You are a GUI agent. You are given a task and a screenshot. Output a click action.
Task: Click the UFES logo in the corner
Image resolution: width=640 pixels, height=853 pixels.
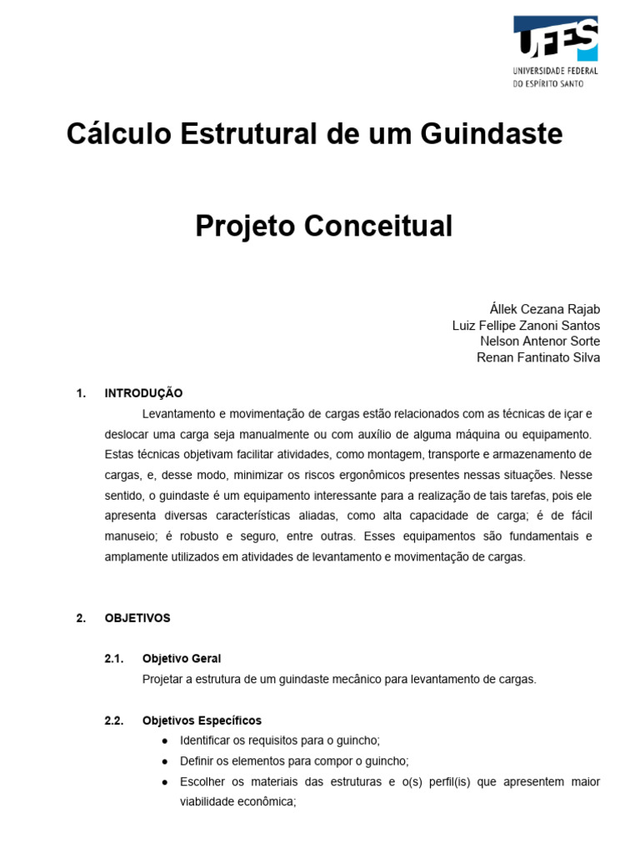coord(555,38)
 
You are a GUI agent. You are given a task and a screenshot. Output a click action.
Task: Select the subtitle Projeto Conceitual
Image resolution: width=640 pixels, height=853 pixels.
coord(323,226)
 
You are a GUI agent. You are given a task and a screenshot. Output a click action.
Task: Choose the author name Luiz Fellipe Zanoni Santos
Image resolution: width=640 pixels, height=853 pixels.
coord(526,325)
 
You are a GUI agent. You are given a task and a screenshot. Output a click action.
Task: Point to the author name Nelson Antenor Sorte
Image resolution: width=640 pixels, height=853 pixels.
coord(540,342)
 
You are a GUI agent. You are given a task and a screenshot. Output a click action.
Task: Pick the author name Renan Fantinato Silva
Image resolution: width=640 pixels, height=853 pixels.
coord(537,357)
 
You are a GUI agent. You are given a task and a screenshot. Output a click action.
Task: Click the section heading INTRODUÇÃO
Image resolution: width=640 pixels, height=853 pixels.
coord(143,393)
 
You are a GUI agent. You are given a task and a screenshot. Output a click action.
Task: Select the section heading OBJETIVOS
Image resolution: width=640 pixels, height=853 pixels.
coord(137,618)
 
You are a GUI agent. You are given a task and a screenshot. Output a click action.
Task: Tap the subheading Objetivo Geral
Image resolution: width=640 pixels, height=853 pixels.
coord(182,659)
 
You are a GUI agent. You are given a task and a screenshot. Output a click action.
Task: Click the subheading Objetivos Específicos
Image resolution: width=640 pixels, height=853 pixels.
coord(202,721)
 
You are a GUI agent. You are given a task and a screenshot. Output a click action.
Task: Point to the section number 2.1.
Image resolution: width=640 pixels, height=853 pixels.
coord(114,659)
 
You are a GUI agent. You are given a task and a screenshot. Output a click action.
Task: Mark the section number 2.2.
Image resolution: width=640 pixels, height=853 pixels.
coord(114,721)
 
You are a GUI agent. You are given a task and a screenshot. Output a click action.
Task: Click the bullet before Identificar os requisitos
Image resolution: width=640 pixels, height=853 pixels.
coord(162,741)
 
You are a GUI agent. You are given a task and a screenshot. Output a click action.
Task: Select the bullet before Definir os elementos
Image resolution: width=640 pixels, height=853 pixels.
coord(162,761)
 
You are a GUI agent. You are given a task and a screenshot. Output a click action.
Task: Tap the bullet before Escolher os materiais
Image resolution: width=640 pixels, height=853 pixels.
coord(162,782)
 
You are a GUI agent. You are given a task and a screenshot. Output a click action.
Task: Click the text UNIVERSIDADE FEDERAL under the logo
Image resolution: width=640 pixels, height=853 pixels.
coord(555,72)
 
